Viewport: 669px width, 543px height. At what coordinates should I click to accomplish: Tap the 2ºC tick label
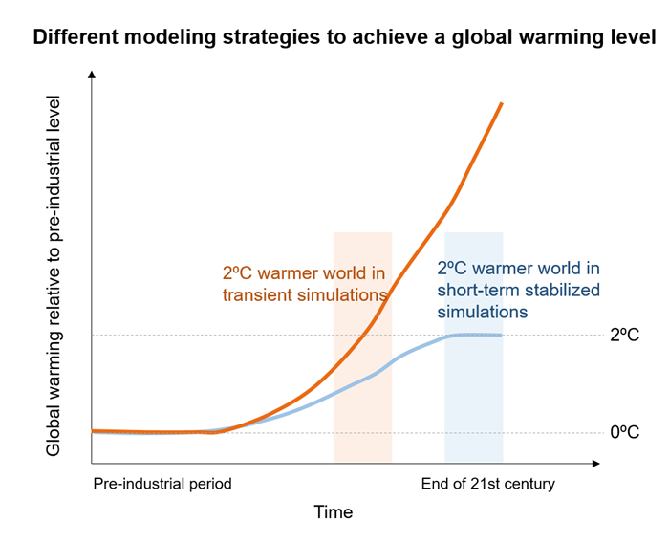point(626,336)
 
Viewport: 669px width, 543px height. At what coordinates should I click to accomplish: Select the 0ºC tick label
point(626,432)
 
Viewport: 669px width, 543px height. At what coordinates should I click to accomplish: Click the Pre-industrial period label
point(162,484)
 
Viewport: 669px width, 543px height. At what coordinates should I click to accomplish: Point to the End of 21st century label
point(487,484)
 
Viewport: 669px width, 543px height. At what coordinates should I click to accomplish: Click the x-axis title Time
point(334,513)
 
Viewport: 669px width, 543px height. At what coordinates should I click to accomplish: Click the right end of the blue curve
point(501,335)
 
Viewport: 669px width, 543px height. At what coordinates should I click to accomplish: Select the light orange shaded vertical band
point(362,402)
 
